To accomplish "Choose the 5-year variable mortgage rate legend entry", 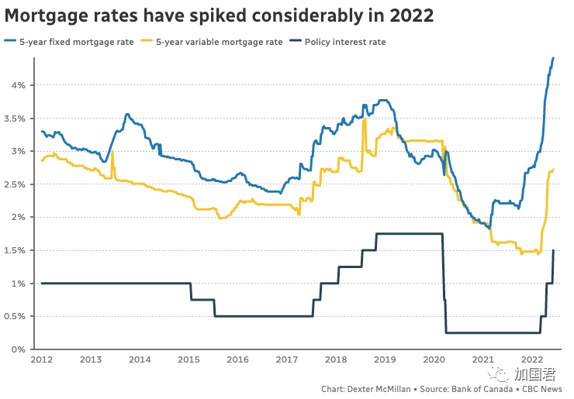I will (218, 42).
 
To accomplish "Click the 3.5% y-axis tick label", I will (17, 118).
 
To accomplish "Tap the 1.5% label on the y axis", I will (17, 250).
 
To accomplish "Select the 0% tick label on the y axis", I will (21, 349).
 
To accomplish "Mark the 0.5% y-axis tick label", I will (17, 316).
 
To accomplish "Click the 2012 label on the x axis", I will (42, 360).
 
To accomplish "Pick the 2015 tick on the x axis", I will (188, 360).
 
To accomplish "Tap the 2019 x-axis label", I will (385, 360).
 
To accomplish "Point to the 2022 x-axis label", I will (531, 360).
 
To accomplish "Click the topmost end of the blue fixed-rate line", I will (553, 58).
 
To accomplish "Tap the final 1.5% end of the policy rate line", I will (553, 250).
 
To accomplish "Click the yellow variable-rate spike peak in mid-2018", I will (364, 120).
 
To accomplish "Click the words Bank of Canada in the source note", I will (480, 389).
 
